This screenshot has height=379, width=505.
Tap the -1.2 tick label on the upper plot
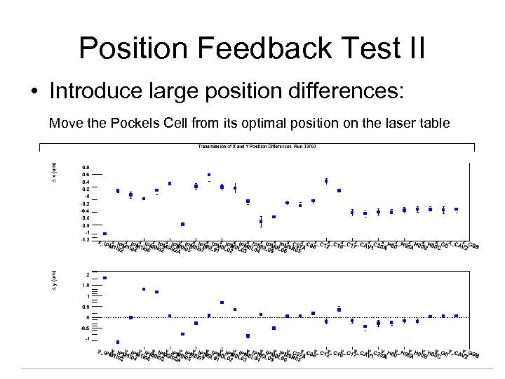[x=84, y=239]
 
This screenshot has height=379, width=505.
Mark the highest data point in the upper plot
[x=209, y=175]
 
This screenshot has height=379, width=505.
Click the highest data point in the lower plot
[x=105, y=278]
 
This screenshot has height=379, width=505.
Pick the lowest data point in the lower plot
[x=118, y=343]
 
